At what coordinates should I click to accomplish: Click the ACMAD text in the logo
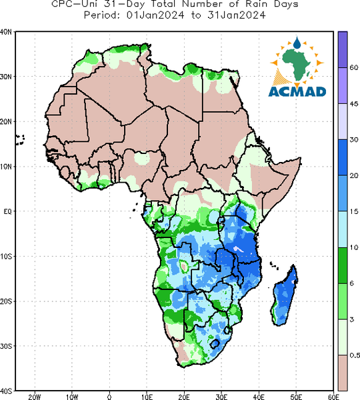pos(297,91)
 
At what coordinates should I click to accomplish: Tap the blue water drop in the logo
pos(297,43)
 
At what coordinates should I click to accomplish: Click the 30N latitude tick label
pos(6,77)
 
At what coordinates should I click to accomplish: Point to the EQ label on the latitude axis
pos(7,211)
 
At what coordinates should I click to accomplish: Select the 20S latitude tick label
pos(6,301)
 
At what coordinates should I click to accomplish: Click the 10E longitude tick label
pos(147,397)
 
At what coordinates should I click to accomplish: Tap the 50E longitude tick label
pos(296,397)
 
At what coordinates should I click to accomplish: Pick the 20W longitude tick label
pos(35,397)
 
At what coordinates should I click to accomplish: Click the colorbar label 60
pos(353,67)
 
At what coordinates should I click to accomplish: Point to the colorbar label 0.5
pos(355,355)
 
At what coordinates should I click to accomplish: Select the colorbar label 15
pos(353,211)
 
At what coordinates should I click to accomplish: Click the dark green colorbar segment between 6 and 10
pos(343,265)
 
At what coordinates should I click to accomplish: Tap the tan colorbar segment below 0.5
pos(343,373)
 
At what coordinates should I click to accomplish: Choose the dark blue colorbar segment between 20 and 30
pos(343,157)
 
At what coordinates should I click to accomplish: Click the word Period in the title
pos(102,15)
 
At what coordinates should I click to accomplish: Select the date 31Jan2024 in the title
pos(237,15)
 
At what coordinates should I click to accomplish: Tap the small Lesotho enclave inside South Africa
pos(215,343)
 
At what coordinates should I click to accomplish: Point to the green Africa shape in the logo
pos(296,64)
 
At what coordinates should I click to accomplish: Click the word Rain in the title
pos(257,3)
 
